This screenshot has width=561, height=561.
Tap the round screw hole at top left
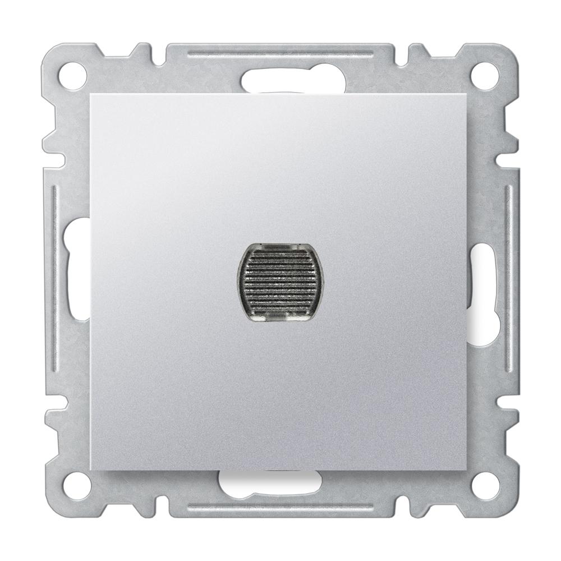(x=72, y=72)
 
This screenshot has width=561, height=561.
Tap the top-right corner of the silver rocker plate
(x=468, y=94)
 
